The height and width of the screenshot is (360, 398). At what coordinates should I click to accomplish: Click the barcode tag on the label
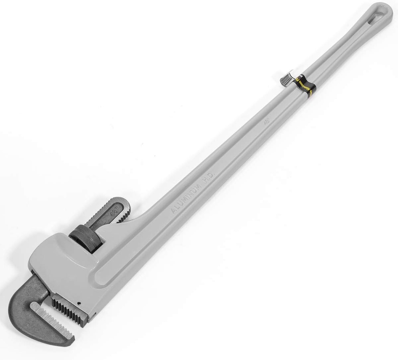click(x=287, y=77)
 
